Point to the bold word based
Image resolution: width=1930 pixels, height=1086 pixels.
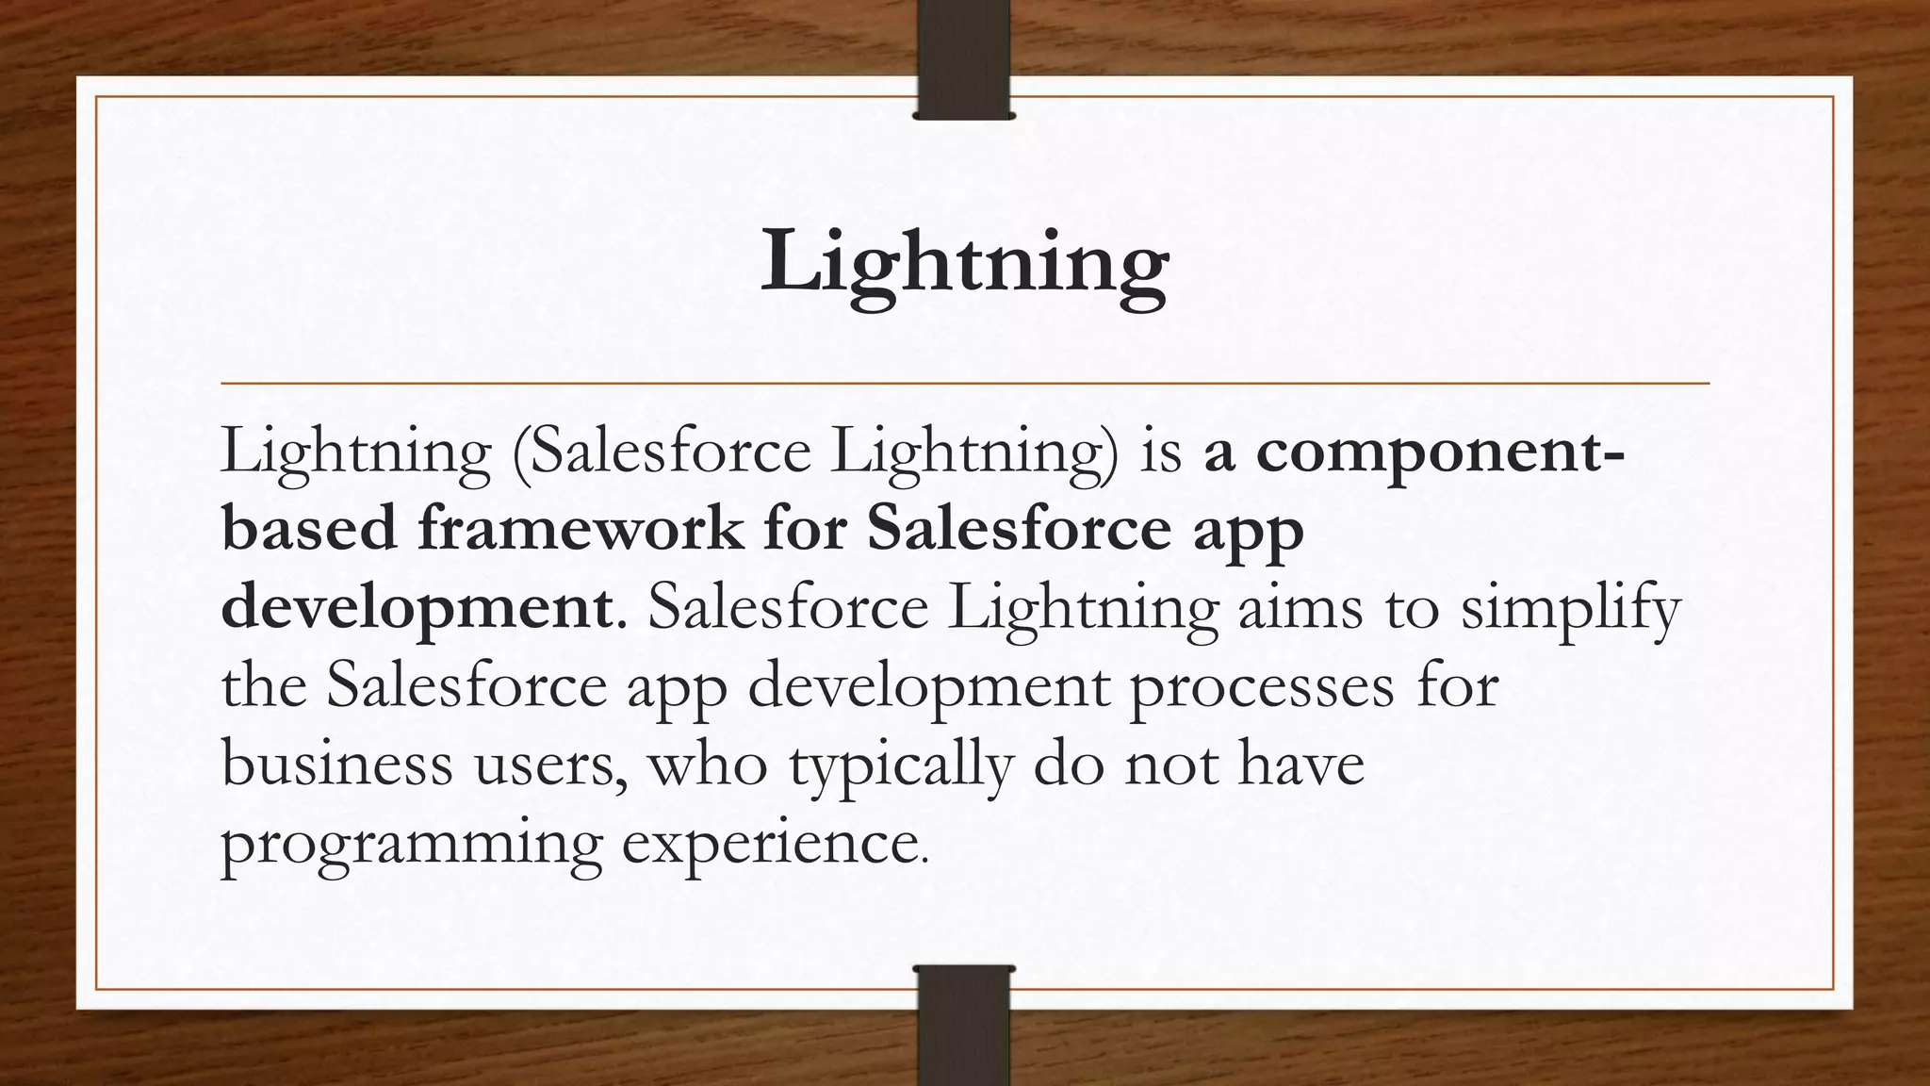(309, 528)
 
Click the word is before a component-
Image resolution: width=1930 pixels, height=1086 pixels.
(1161, 452)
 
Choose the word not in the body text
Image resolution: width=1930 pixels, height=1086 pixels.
(1171, 765)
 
